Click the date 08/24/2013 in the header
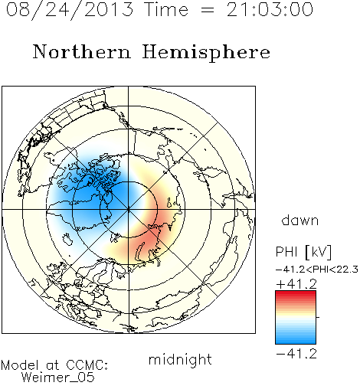pos(70,9)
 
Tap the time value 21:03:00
pos(270,9)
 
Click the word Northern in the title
pos(82,52)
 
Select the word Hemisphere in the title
pos(206,53)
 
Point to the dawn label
pos(300,220)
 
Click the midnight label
pos(180,359)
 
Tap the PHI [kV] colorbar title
pos(303,252)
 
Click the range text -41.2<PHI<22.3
pos(317,270)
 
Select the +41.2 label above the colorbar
pos(296,284)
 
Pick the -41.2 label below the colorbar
pos(296,354)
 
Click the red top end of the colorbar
pos(296,293)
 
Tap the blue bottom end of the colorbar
pos(296,341)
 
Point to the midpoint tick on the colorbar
pos(318,317)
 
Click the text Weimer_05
pos(58,378)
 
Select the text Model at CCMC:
pos(54,365)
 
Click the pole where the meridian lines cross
pos(129,209)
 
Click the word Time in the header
pos(166,9)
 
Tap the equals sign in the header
pos(208,10)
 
